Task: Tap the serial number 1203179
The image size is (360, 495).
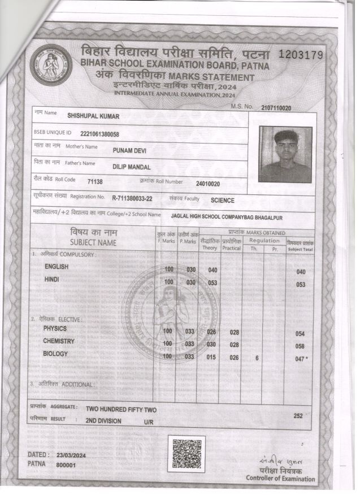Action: click(x=300, y=55)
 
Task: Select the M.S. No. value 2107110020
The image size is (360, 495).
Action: click(x=276, y=108)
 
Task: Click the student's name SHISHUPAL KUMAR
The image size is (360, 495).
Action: click(x=93, y=116)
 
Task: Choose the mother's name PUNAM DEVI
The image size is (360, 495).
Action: click(x=129, y=150)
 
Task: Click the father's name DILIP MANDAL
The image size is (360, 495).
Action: click(x=131, y=167)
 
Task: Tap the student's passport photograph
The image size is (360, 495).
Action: click(x=285, y=154)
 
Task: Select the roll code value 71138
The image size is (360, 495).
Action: click(x=95, y=182)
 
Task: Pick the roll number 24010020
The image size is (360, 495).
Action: click(x=207, y=184)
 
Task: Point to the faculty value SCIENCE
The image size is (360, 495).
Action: click(x=222, y=201)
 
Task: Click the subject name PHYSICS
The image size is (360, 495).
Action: click(x=55, y=328)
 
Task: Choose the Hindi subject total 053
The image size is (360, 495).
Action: click(x=300, y=285)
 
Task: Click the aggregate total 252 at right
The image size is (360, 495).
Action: click(x=298, y=415)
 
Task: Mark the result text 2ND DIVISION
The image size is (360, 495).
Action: click(x=103, y=421)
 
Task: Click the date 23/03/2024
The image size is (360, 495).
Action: click(x=71, y=455)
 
